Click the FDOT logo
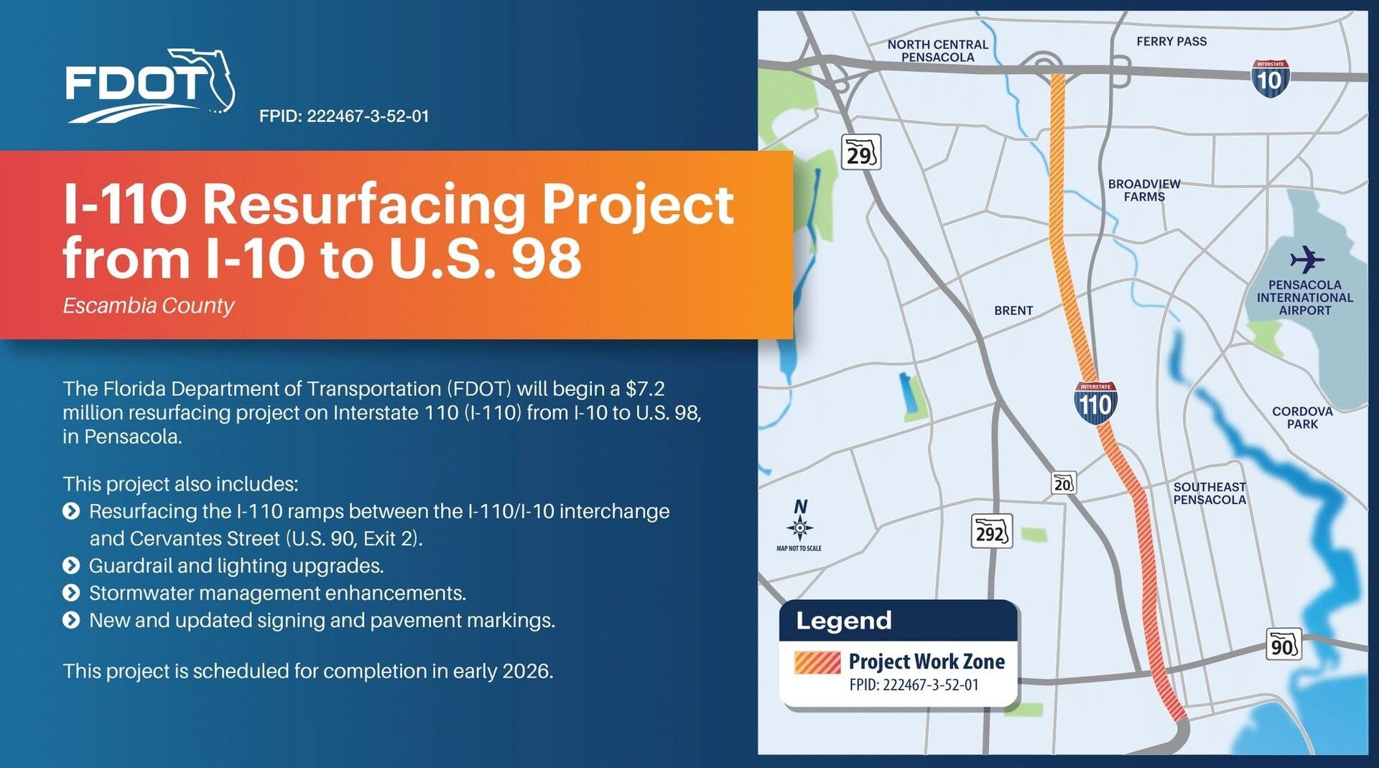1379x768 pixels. [x=150, y=85]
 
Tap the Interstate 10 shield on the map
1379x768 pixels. [x=1270, y=78]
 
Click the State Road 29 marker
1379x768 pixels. [x=860, y=152]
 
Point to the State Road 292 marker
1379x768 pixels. [x=992, y=532]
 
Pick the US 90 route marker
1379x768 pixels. [x=1283, y=645]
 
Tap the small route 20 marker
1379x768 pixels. [x=1063, y=483]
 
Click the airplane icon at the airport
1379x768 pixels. [x=1306, y=259]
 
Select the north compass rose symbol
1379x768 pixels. [x=799, y=522]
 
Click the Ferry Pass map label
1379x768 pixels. [x=1171, y=42]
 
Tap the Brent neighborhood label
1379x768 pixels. [x=1013, y=310]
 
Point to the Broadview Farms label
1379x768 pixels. [x=1144, y=190]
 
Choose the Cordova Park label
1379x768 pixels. [x=1302, y=417]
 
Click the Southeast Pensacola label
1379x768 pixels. [x=1209, y=493]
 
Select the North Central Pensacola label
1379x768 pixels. [x=938, y=50]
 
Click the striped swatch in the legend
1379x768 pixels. [x=817, y=662]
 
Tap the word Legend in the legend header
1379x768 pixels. [x=844, y=621]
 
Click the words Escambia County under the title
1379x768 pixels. [x=149, y=306]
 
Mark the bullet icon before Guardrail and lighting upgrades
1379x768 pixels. [x=71, y=565]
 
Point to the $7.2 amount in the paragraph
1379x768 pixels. [x=645, y=389]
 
